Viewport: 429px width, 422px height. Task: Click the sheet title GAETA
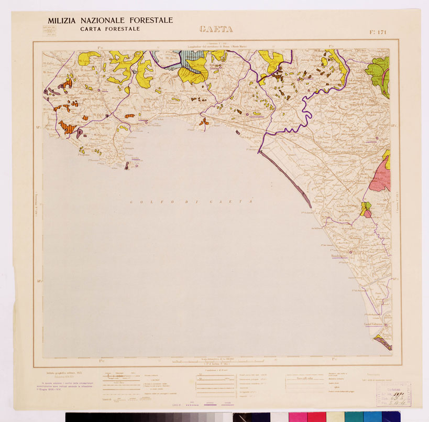point(216,29)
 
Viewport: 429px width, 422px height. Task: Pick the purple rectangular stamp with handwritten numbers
point(393,393)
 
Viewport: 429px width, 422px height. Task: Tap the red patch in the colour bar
point(316,417)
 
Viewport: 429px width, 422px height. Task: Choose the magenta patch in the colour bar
point(298,417)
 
